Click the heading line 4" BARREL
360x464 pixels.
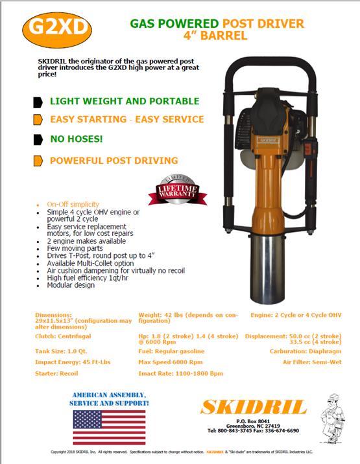tap(217, 36)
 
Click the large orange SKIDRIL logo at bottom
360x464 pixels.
tap(252, 407)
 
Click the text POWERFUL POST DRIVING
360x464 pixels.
tap(114, 160)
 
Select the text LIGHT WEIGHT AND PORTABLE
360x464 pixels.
tap(125, 101)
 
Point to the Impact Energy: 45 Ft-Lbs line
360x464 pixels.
tap(73, 363)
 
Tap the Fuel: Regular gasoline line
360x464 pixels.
tap(176, 351)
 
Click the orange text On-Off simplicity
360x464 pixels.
tap(76, 205)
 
